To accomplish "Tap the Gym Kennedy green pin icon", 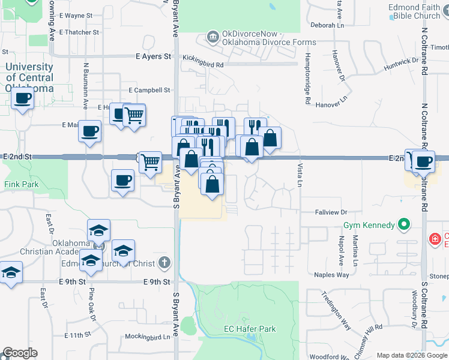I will (x=404, y=226).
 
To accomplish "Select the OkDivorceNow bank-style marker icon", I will (x=212, y=38).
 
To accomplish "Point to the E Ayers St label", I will (x=153, y=56).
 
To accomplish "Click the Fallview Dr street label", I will (x=331, y=212).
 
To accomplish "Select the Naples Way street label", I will (x=331, y=275).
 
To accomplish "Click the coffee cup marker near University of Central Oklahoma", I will (x=22, y=98).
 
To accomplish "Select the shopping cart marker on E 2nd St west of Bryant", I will (x=150, y=161).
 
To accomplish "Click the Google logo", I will (x=20, y=353).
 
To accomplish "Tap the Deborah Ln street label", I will (x=328, y=25).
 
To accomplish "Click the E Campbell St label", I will (x=149, y=91).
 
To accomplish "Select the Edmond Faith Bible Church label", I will (x=415, y=11).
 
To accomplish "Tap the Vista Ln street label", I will (x=300, y=174).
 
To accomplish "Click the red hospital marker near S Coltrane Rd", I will (x=434, y=240).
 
